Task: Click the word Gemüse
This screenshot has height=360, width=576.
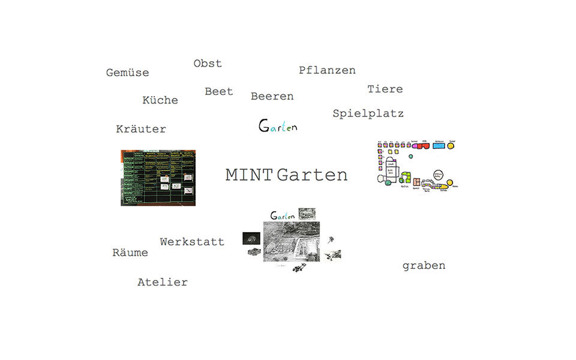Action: pyautogui.click(x=127, y=73)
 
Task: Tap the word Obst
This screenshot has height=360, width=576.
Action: pyautogui.click(x=208, y=63)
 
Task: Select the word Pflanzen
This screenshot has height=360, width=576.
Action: pyautogui.click(x=327, y=70)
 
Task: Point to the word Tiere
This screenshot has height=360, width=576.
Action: pyautogui.click(x=385, y=89)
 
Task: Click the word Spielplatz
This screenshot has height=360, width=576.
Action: pyautogui.click(x=368, y=113)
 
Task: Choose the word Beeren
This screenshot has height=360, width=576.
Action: pyautogui.click(x=272, y=96)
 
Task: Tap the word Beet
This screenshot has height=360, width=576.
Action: pyautogui.click(x=218, y=91)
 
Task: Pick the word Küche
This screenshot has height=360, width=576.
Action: pyautogui.click(x=160, y=100)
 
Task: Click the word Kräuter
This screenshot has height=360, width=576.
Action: pyautogui.click(x=141, y=129)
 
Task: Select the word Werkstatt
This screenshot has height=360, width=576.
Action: pyautogui.click(x=192, y=242)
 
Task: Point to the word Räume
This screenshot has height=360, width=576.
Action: pyautogui.click(x=130, y=253)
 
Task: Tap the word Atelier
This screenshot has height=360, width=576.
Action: pyautogui.click(x=163, y=282)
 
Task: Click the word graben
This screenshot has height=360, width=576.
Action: pyautogui.click(x=424, y=265)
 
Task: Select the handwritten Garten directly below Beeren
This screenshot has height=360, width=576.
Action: pyautogui.click(x=277, y=126)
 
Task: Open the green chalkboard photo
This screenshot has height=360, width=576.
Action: pyautogui.click(x=158, y=178)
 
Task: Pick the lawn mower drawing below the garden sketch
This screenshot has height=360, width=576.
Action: pyautogui.click(x=298, y=268)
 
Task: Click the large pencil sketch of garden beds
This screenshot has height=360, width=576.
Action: pyautogui.click(x=291, y=241)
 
